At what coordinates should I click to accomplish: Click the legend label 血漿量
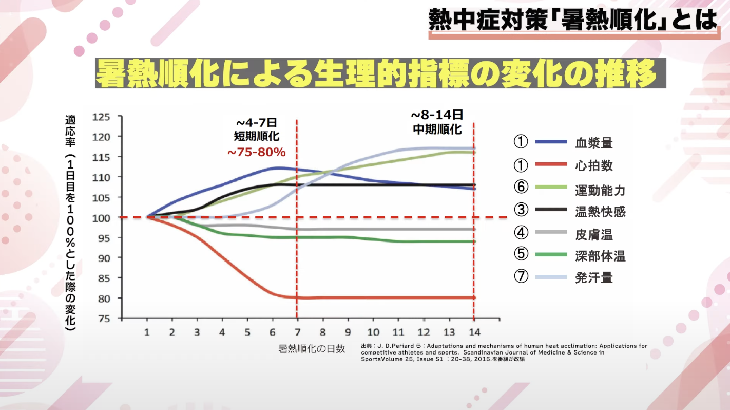coord(593,142)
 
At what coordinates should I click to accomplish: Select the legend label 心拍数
coord(593,165)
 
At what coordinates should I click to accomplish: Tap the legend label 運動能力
coord(600,189)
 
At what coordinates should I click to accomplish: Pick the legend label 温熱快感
coord(600,211)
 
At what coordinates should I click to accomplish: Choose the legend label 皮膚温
coord(593,235)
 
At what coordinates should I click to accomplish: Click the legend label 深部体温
coord(600,256)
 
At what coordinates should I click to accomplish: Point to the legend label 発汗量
coord(593,278)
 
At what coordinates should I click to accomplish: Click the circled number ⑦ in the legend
coord(521,276)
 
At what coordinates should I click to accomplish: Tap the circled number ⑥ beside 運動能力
coord(521,187)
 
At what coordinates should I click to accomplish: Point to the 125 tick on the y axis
coord(101,117)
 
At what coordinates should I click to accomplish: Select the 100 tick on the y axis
coord(101,217)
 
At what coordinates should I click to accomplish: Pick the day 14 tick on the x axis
coord(474,332)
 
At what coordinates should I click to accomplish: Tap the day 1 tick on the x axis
coord(147,332)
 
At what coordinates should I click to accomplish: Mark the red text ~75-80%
coord(256,153)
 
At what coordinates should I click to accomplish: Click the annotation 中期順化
coord(437,129)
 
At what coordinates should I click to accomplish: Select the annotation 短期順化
coord(256,136)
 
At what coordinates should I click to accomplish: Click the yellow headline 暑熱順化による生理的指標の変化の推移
coord(376,74)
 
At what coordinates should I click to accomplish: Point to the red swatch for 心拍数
coord(551,165)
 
